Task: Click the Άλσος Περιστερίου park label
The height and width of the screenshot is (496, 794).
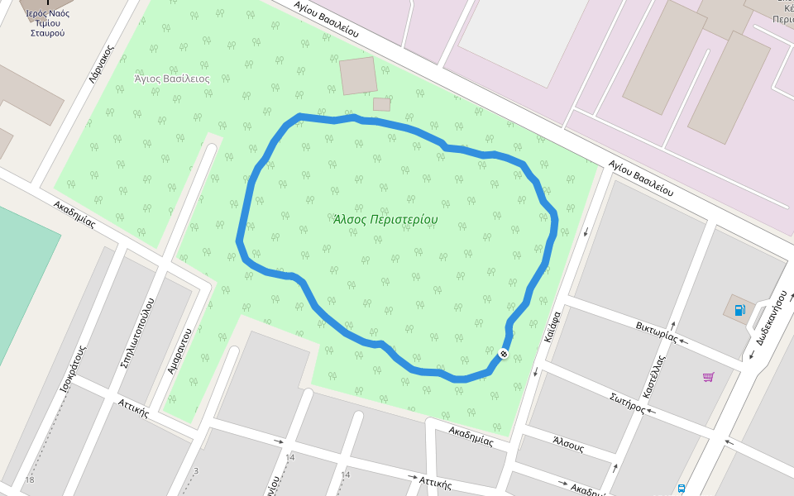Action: click(x=385, y=220)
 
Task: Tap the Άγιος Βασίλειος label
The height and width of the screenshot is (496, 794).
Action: click(x=172, y=79)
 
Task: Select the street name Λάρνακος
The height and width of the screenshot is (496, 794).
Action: click(x=101, y=65)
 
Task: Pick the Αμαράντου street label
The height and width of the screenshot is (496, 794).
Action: click(x=179, y=351)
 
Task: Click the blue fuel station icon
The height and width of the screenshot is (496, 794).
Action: click(x=739, y=310)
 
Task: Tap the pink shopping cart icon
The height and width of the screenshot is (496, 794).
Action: click(x=708, y=377)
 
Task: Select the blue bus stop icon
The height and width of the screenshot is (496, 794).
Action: click(x=681, y=489)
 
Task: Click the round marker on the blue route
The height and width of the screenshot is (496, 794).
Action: click(x=503, y=355)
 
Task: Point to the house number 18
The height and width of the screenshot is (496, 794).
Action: click(x=30, y=480)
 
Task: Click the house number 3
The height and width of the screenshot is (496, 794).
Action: click(x=196, y=471)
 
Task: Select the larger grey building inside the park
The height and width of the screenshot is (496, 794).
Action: click(x=358, y=75)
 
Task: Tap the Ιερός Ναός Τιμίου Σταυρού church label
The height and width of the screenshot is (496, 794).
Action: click(x=46, y=23)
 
